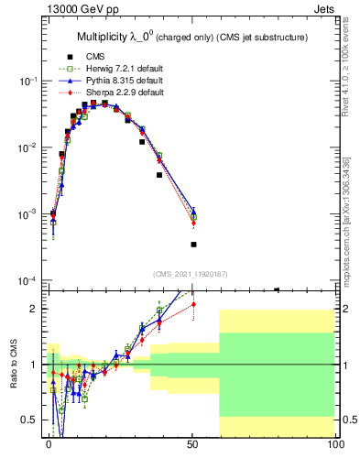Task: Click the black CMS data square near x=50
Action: pos(193,245)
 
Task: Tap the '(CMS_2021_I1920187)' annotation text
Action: pos(191,273)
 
